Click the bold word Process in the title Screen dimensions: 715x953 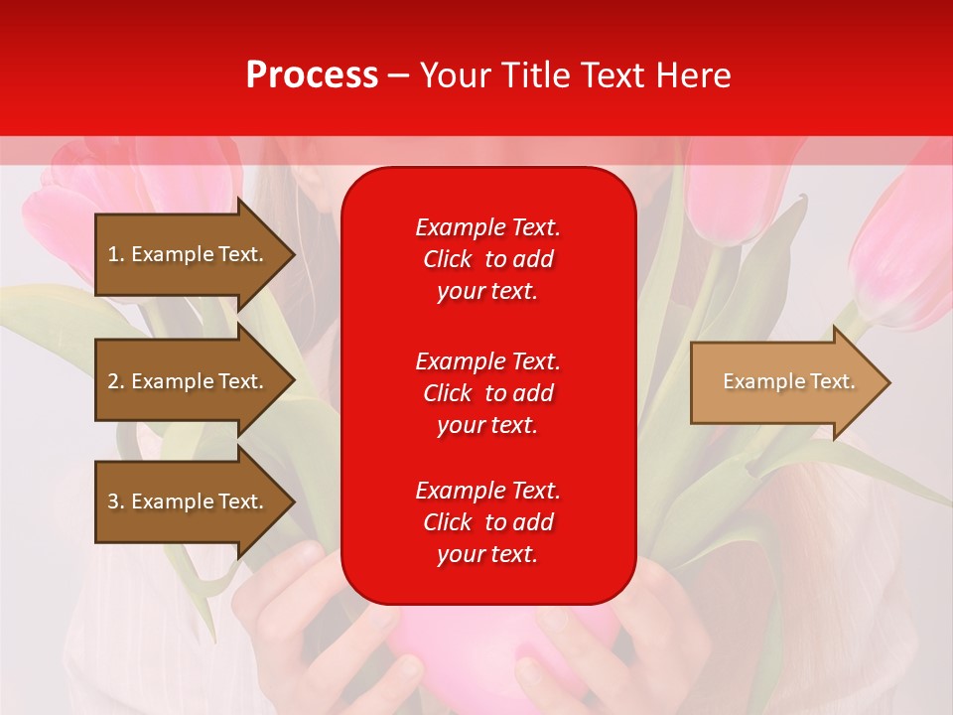312,75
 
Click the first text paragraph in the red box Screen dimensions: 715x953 487,259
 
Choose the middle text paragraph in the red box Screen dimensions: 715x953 487,393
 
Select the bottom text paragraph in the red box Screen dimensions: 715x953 487,522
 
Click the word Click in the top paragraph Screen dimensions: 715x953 448,259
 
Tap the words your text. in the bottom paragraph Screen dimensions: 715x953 487,554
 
